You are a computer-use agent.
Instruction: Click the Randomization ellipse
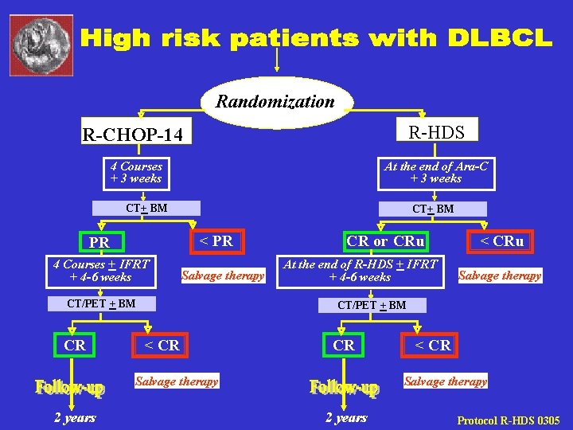pos(275,102)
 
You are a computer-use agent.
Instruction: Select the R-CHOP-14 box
pos(138,135)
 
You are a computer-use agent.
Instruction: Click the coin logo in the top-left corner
pos(41,41)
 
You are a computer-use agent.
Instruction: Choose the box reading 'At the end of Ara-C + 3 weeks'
pos(435,172)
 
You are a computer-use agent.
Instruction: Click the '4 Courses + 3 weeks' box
pos(136,172)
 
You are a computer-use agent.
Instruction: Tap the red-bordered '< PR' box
pos(216,240)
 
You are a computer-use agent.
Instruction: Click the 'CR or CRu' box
pos(385,240)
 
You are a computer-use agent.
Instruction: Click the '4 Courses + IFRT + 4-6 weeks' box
pos(101,270)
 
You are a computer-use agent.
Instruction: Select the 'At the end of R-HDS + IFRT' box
pos(360,270)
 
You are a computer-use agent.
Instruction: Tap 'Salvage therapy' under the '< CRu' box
pos(499,276)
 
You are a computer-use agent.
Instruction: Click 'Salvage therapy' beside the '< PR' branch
pos(223,276)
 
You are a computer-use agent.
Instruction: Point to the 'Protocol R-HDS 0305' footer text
pos(508,420)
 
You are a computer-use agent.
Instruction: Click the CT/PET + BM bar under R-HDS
pos(372,304)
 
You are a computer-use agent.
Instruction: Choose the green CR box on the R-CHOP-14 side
pos(75,345)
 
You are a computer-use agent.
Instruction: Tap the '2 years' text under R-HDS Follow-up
pos(346,417)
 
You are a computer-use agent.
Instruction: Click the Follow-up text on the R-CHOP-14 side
pos(69,388)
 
